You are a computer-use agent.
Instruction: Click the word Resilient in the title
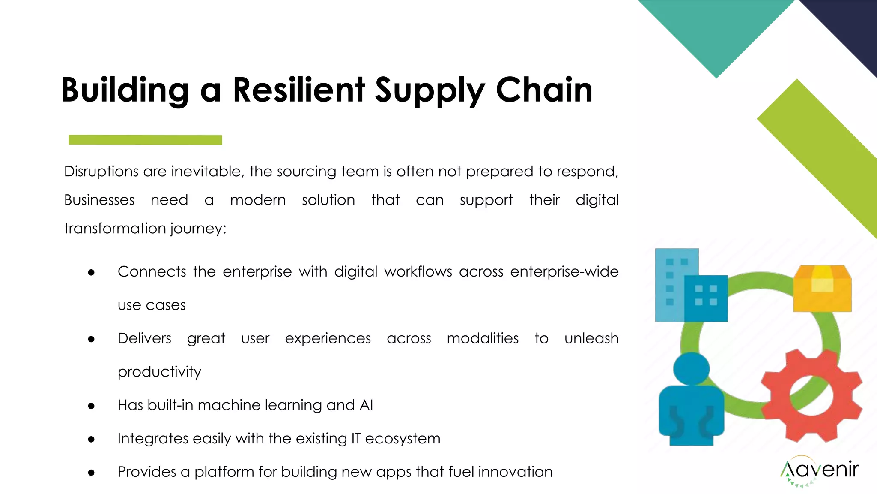(298, 90)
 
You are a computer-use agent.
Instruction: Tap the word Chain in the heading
(544, 90)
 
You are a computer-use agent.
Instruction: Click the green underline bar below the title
(145, 140)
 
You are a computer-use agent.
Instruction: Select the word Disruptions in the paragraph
(101, 172)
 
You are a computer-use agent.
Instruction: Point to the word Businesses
(99, 200)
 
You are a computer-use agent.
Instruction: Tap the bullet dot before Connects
(91, 272)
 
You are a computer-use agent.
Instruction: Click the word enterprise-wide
(564, 272)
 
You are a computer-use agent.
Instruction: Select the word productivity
(159, 372)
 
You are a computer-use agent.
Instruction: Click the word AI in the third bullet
(366, 405)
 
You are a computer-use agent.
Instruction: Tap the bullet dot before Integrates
(91, 439)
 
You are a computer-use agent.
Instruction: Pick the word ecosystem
(403, 439)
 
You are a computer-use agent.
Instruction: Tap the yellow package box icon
(822, 289)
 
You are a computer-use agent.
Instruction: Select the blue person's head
(691, 369)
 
